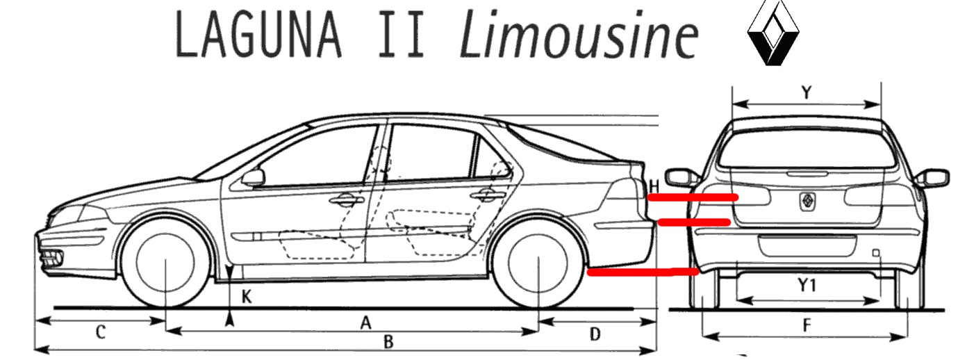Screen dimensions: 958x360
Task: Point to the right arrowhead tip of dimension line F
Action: point(907,337)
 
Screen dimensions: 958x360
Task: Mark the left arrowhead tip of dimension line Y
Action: point(733,104)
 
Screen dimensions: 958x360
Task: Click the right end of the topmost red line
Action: point(736,197)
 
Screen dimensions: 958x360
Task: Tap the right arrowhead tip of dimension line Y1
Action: point(879,300)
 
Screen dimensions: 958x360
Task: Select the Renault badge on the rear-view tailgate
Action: point(807,201)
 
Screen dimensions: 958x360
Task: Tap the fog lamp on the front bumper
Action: point(53,258)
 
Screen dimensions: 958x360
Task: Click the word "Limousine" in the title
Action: point(578,35)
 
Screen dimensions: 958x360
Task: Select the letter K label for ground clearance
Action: point(247,297)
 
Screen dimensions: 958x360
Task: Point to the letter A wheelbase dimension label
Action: point(365,322)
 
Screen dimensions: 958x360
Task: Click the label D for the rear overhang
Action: point(595,334)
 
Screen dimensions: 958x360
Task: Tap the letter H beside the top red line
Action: point(654,187)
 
